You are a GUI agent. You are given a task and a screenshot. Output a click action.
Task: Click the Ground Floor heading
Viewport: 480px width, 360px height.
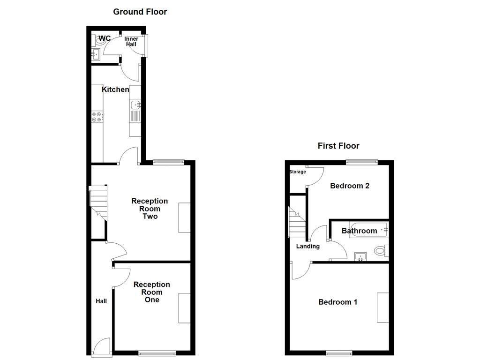tap(140, 12)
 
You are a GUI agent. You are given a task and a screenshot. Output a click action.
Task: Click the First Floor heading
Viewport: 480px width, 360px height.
tap(338, 146)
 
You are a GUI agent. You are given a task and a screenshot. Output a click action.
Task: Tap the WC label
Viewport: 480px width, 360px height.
tap(105, 38)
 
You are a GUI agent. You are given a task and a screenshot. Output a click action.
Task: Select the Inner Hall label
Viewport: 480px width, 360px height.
tap(131, 42)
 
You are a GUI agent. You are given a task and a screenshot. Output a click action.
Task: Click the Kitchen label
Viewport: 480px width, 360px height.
tap(115, 90)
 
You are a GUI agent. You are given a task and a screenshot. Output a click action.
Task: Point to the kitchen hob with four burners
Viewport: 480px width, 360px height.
tap(97, 117)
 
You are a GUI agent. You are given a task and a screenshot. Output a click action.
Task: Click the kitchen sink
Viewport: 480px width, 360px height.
tap(135, 105)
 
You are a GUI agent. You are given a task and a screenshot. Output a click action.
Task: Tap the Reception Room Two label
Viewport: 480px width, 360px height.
tap(150, 209)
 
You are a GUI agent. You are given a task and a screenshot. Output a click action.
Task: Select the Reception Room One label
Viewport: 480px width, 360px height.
tap(151, 292)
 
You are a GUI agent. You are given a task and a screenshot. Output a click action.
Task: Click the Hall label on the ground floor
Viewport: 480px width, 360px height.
tap(101, 301)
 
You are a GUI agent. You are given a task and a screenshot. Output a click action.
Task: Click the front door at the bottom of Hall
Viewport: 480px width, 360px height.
tap(102, 348)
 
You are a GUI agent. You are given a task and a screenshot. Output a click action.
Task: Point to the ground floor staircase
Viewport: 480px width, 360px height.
tap(98, 203)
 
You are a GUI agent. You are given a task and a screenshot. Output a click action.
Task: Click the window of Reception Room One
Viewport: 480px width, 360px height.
tap(157, 353)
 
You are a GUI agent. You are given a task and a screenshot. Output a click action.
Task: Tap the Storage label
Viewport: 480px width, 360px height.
tap(298, 172)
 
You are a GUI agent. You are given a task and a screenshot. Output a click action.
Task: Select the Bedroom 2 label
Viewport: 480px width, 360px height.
tap(350, 186)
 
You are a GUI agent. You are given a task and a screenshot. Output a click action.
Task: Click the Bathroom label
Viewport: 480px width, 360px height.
tap(359, 231)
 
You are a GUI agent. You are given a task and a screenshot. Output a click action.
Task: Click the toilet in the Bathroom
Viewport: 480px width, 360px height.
tap(381, 251)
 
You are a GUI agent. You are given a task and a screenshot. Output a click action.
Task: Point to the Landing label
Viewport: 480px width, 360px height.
tap(307, 246)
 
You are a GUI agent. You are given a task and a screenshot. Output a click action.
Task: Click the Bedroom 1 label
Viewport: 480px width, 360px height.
tap(337, 302)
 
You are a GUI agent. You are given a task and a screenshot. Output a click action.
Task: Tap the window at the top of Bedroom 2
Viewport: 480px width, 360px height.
tap(361, 162)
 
